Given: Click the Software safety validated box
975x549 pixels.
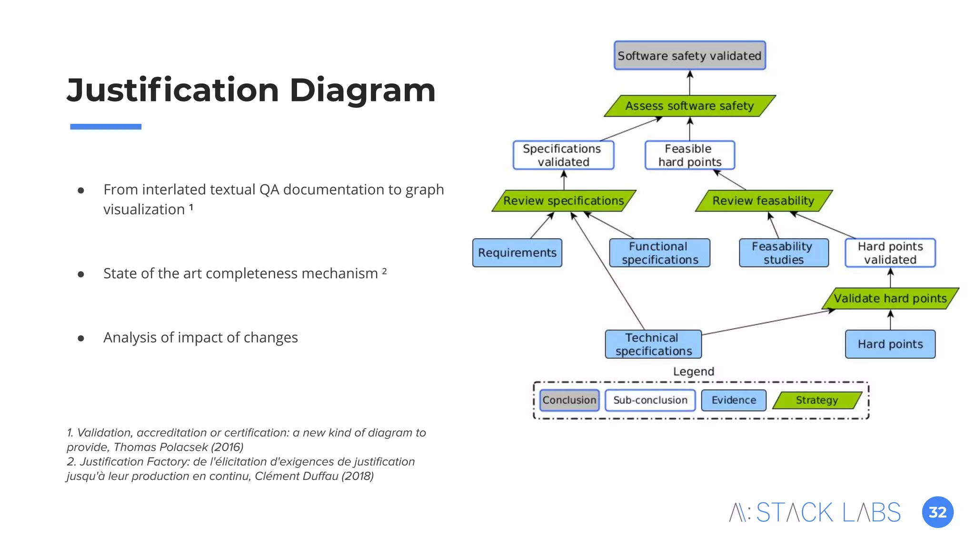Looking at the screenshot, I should (x=689, y=56).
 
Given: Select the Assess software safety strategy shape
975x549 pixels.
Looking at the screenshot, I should (x=689, y=106).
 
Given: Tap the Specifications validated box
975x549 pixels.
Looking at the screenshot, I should (x=563, y=155).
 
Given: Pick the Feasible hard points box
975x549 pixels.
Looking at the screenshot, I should (x=689, y=155).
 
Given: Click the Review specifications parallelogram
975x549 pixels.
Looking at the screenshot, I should (x=564, y=201).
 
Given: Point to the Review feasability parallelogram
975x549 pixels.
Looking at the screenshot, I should (x=763, y=201).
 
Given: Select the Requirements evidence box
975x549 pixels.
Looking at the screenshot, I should (x=517, y=253).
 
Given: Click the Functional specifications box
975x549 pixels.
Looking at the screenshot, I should (x=659, y=253).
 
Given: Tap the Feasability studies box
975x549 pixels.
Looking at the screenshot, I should (x=783, y=253).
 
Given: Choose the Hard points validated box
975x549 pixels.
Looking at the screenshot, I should (x=890, y=253).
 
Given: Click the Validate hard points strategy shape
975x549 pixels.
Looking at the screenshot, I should (x=890, y=299).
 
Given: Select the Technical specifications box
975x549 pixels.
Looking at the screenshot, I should (x=653, y=344).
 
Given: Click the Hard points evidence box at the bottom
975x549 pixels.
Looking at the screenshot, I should (x=890, y=344).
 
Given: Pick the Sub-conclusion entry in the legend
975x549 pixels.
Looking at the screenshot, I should (x=650, y=400).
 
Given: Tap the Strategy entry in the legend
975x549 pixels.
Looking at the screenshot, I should (x=816, y=400).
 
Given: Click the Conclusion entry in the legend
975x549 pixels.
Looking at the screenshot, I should (x=569, y=400).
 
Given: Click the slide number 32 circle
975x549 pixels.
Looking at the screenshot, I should (x=937, y=512).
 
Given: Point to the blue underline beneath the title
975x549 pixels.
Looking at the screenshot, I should (x=106, y=127).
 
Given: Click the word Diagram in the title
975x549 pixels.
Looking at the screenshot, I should (x=362, y=90).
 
